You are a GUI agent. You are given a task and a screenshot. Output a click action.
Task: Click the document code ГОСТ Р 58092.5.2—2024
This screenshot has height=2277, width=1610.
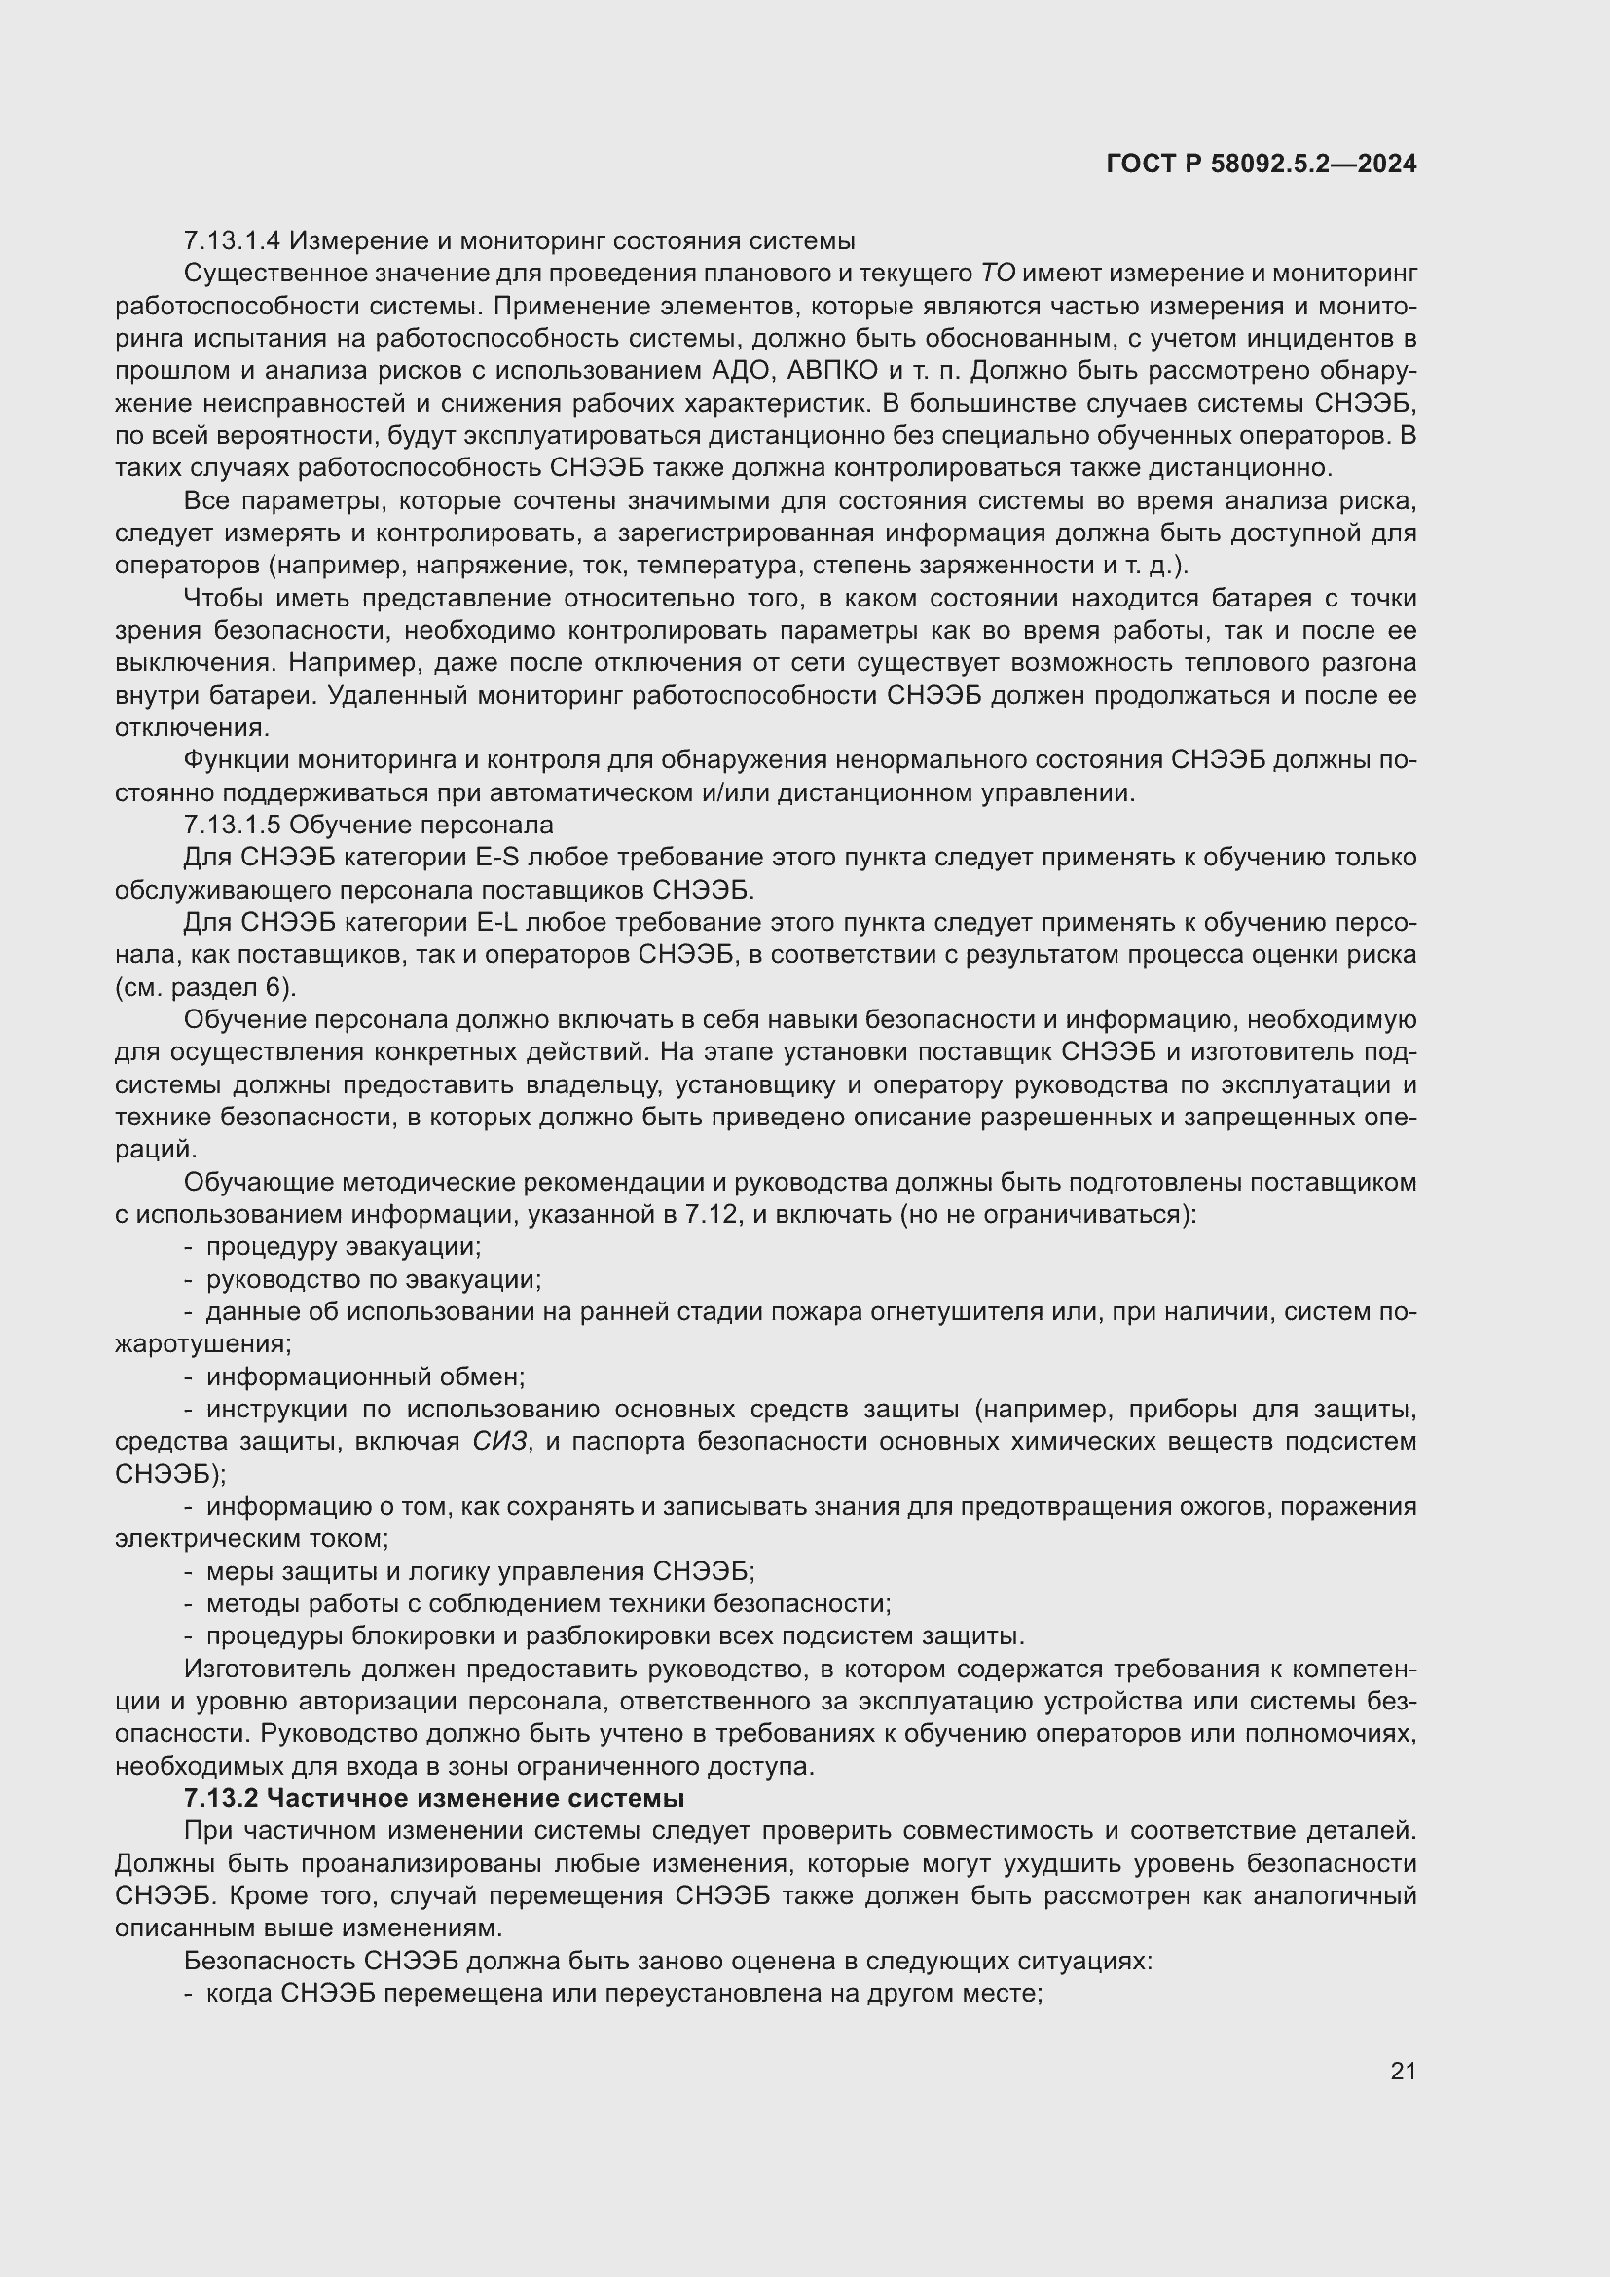coord(1261,165)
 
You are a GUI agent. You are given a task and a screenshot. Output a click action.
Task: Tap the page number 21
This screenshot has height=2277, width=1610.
coord(1403,2071)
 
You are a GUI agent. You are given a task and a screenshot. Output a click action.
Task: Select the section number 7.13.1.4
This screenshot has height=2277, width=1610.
coord(233,241)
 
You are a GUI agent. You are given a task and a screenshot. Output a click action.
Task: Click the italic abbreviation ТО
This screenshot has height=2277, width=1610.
coord(998,274)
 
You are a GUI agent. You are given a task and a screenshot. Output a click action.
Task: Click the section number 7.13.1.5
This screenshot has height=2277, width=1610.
coord(233,826)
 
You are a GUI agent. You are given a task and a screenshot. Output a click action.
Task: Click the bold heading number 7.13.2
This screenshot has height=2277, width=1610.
coord(221,1798)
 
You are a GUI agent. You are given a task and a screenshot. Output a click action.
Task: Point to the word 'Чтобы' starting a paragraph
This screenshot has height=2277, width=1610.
coord(220,598)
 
